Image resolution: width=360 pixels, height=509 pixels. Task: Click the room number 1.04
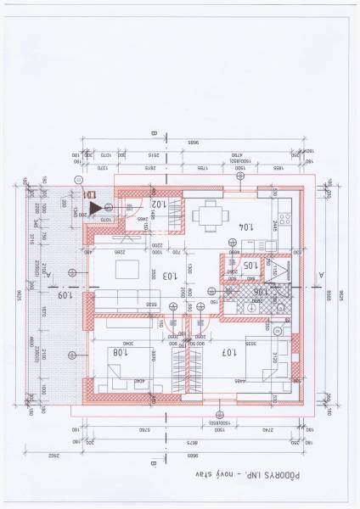tap(222, 227)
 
